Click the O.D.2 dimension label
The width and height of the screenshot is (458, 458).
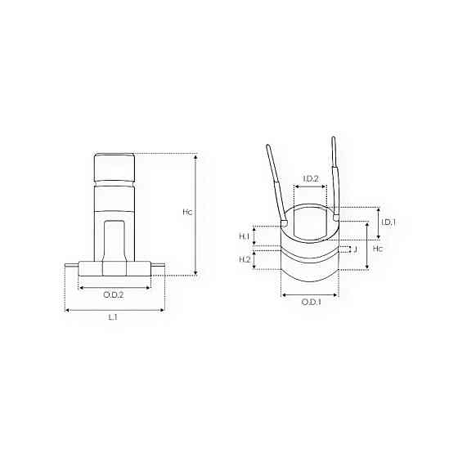click(114, 294)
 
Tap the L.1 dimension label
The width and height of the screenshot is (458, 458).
click(113, 317)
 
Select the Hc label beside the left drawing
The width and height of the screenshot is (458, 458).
click(187, 212)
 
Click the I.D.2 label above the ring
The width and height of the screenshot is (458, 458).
click(311, 178)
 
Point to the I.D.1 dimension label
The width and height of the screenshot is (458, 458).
click(388, 222)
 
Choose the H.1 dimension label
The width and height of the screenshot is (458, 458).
click(245, 236)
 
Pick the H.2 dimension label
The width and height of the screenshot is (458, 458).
click(245, 259)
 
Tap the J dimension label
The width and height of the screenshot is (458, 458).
click(355, 249)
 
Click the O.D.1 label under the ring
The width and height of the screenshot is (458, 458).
click(311, 302)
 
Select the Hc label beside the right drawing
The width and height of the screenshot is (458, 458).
click(378, 249)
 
